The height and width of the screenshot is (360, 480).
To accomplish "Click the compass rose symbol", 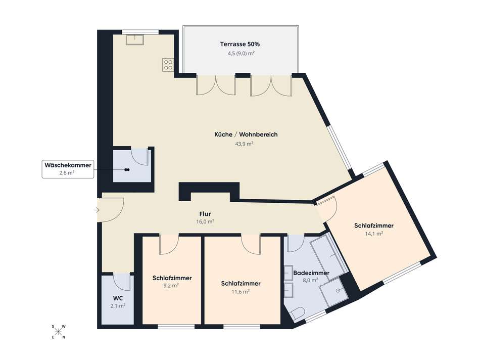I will click(x=59, y=332).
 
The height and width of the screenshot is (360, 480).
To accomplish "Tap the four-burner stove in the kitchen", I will click(x=168, y=65).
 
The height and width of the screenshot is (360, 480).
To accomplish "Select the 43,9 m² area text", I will click(x=246, y=144).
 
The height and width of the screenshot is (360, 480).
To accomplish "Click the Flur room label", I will click(x=206, y=213).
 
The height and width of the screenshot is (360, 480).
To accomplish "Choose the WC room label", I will click(x=117, y=298).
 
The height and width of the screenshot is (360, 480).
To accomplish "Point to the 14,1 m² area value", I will click(x=373, y=234).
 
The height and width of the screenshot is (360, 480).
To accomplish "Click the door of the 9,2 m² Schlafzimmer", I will click(x=167, y=245).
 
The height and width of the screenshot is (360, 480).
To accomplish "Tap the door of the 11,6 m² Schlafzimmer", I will click(x=251, y=244).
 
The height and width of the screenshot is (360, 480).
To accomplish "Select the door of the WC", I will click(x=121, y=281).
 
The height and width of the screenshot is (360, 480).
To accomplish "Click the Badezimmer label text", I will click(x=311, y=273).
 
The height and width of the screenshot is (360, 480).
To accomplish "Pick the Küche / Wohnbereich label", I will click(x=246, y=134).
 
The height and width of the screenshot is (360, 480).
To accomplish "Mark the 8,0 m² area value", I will click(x=310, y=280).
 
